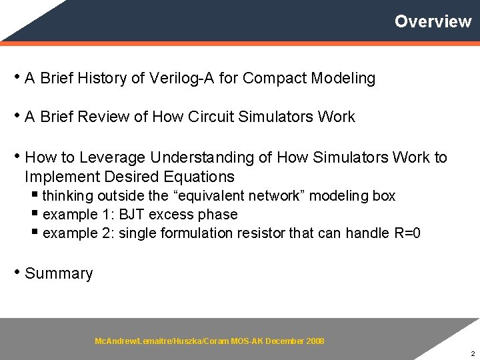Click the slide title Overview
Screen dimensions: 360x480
point(433,21)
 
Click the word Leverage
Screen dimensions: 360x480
point(113,158)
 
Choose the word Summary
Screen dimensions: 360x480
point(59,274)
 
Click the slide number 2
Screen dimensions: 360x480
point(472,353)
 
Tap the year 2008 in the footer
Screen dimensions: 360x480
point(315,341)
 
